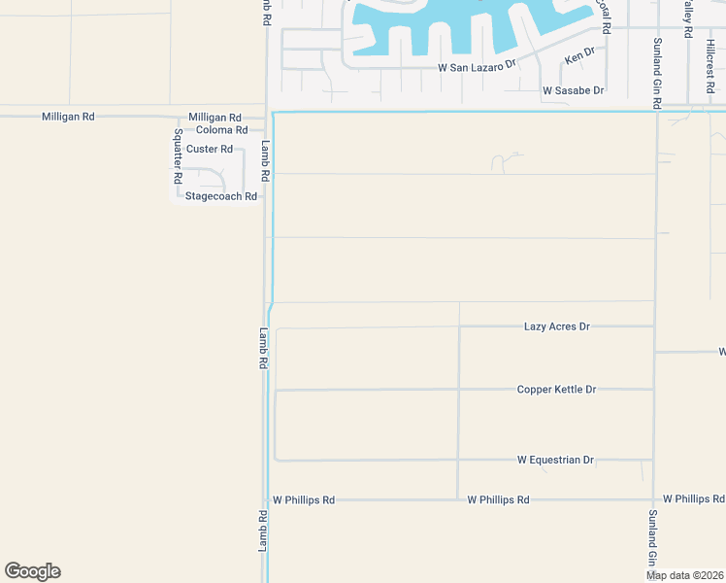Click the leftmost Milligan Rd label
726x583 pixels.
tap(68, 117)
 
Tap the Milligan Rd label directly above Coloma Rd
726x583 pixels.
tap(214, 117)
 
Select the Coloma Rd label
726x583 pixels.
tap(221, 130)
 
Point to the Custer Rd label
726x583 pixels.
tap(210, 149)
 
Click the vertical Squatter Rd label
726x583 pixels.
tap(178, 156)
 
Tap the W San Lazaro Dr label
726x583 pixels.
tap(477, 68)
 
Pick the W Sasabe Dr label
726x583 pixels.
tap(574, 90)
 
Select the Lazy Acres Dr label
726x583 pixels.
tap(556, 326)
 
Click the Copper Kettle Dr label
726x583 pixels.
tap(556, 390)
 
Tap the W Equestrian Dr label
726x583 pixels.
tap(555, 460)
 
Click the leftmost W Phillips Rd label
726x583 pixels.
tap(304, 499)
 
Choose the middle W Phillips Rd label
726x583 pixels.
tap(498, 499)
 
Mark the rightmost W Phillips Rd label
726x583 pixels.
tap(693, 499)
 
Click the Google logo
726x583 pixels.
tap(32, 571)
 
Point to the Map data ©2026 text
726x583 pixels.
tap(684, 575)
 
